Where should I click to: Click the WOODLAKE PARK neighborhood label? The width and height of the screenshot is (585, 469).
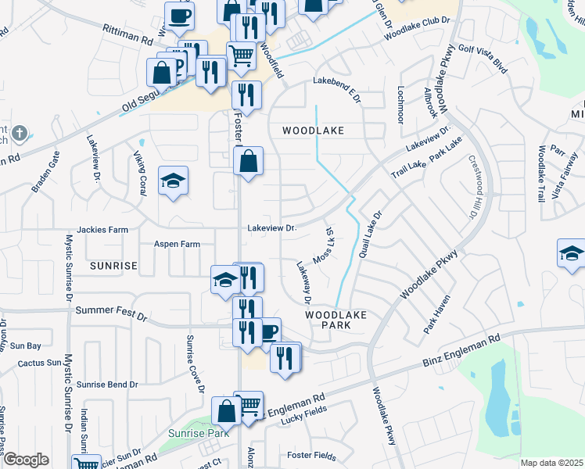[x=336, y=319]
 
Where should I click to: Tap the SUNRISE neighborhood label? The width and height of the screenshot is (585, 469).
[x=113, y=266]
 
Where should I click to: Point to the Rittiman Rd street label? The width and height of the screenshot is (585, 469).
[x=127, y=33]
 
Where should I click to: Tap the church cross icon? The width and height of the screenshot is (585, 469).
[x=20, y=134]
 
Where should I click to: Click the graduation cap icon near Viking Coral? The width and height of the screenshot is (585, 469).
[x=172, y=182]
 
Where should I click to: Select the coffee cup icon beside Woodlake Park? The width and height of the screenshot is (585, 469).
[x=268, y=331]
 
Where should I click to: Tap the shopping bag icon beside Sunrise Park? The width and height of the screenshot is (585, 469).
[x=226, y=410]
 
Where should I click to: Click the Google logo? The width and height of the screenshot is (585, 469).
[x=26, y=460]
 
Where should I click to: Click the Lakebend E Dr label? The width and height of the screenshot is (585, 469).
[x=338, y=88]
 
